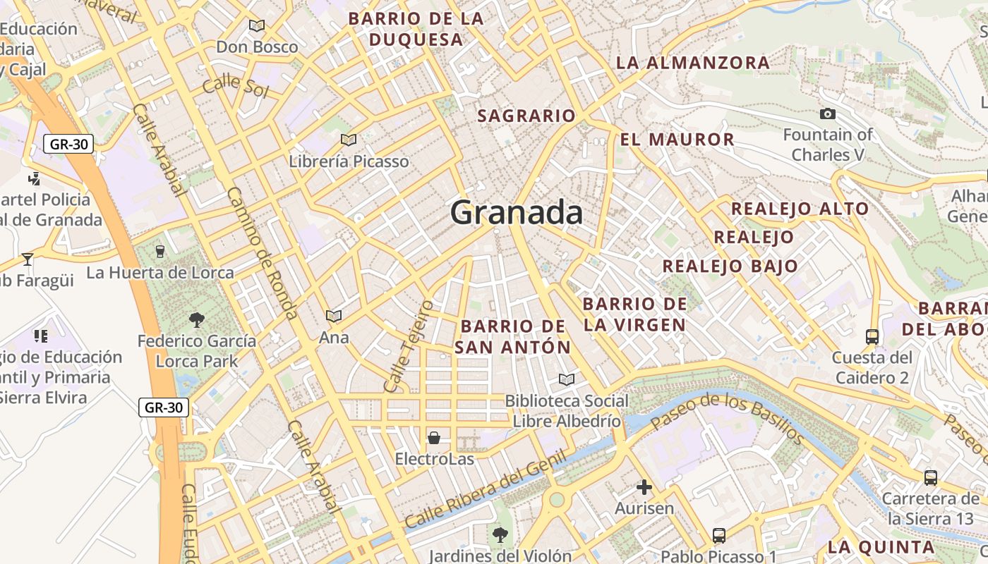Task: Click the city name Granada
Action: [x=517, y=212]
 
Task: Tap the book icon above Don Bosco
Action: [x=257, y=26]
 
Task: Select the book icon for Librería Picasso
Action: [x=348, y=140]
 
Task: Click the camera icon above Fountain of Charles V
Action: [x=828, y=114]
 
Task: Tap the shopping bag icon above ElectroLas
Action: [x=434, y=438]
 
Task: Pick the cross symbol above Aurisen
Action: [x=644, y=487]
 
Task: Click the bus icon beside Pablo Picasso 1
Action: [x=719, y=536]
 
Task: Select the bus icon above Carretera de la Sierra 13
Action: [x=931, y=477]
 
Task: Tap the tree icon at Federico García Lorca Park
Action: [x=197, y=320]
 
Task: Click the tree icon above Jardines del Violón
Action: [x=500, y=534]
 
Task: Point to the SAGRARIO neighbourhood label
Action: [x=526, y=116]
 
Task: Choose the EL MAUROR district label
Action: [x=677, y=140]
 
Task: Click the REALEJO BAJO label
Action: [x=730, y=266]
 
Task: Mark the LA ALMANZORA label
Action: [x=693, y=63]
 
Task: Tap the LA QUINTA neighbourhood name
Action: [x=881, y=547]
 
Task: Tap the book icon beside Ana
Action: [x=334, y=316]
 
